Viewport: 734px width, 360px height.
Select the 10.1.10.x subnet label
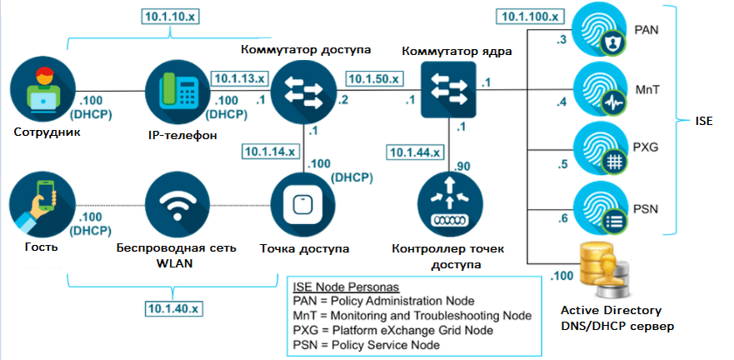[x=170, y=16]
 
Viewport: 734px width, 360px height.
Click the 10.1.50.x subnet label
[x=372, y=77]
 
